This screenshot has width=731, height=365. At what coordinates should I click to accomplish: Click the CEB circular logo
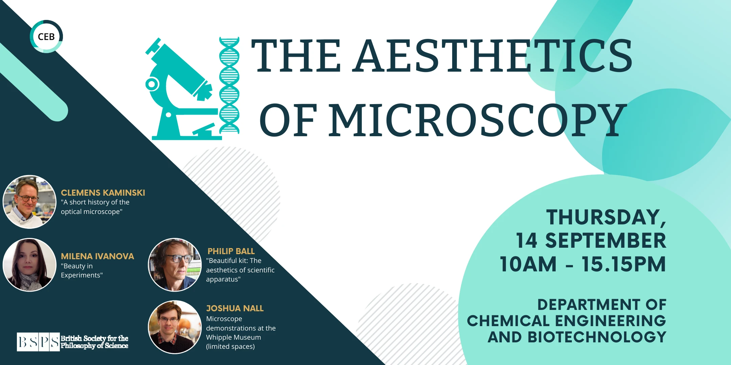click(46, 36)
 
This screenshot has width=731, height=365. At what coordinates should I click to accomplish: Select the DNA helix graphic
click(229, 85)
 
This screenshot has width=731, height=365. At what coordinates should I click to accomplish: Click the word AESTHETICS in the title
click(493, 56)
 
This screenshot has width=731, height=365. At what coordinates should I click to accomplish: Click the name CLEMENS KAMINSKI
click(103, 193)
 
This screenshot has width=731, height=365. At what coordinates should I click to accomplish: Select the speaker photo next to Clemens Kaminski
click(29, 202)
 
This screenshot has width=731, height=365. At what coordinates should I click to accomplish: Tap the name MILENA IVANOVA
click(97, 256)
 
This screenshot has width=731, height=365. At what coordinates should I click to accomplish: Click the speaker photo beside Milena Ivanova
click(29, 265)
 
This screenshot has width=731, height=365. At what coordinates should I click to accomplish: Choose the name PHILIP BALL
click(231, 251)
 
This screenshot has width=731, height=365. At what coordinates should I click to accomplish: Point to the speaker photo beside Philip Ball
click(175, 265)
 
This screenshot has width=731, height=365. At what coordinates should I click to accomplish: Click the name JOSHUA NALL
click(235, 308)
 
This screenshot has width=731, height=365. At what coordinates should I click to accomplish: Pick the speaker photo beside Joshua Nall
click(175, 327)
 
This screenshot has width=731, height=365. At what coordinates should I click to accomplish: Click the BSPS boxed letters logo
click(38, 342)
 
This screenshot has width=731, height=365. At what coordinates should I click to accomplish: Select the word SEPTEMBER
click(605, 241)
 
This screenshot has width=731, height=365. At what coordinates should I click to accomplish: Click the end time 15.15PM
click(624, 264)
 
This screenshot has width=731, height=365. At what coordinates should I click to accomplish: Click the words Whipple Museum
click(233, 337)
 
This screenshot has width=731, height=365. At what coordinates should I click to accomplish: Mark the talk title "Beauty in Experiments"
click(82, 270)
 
